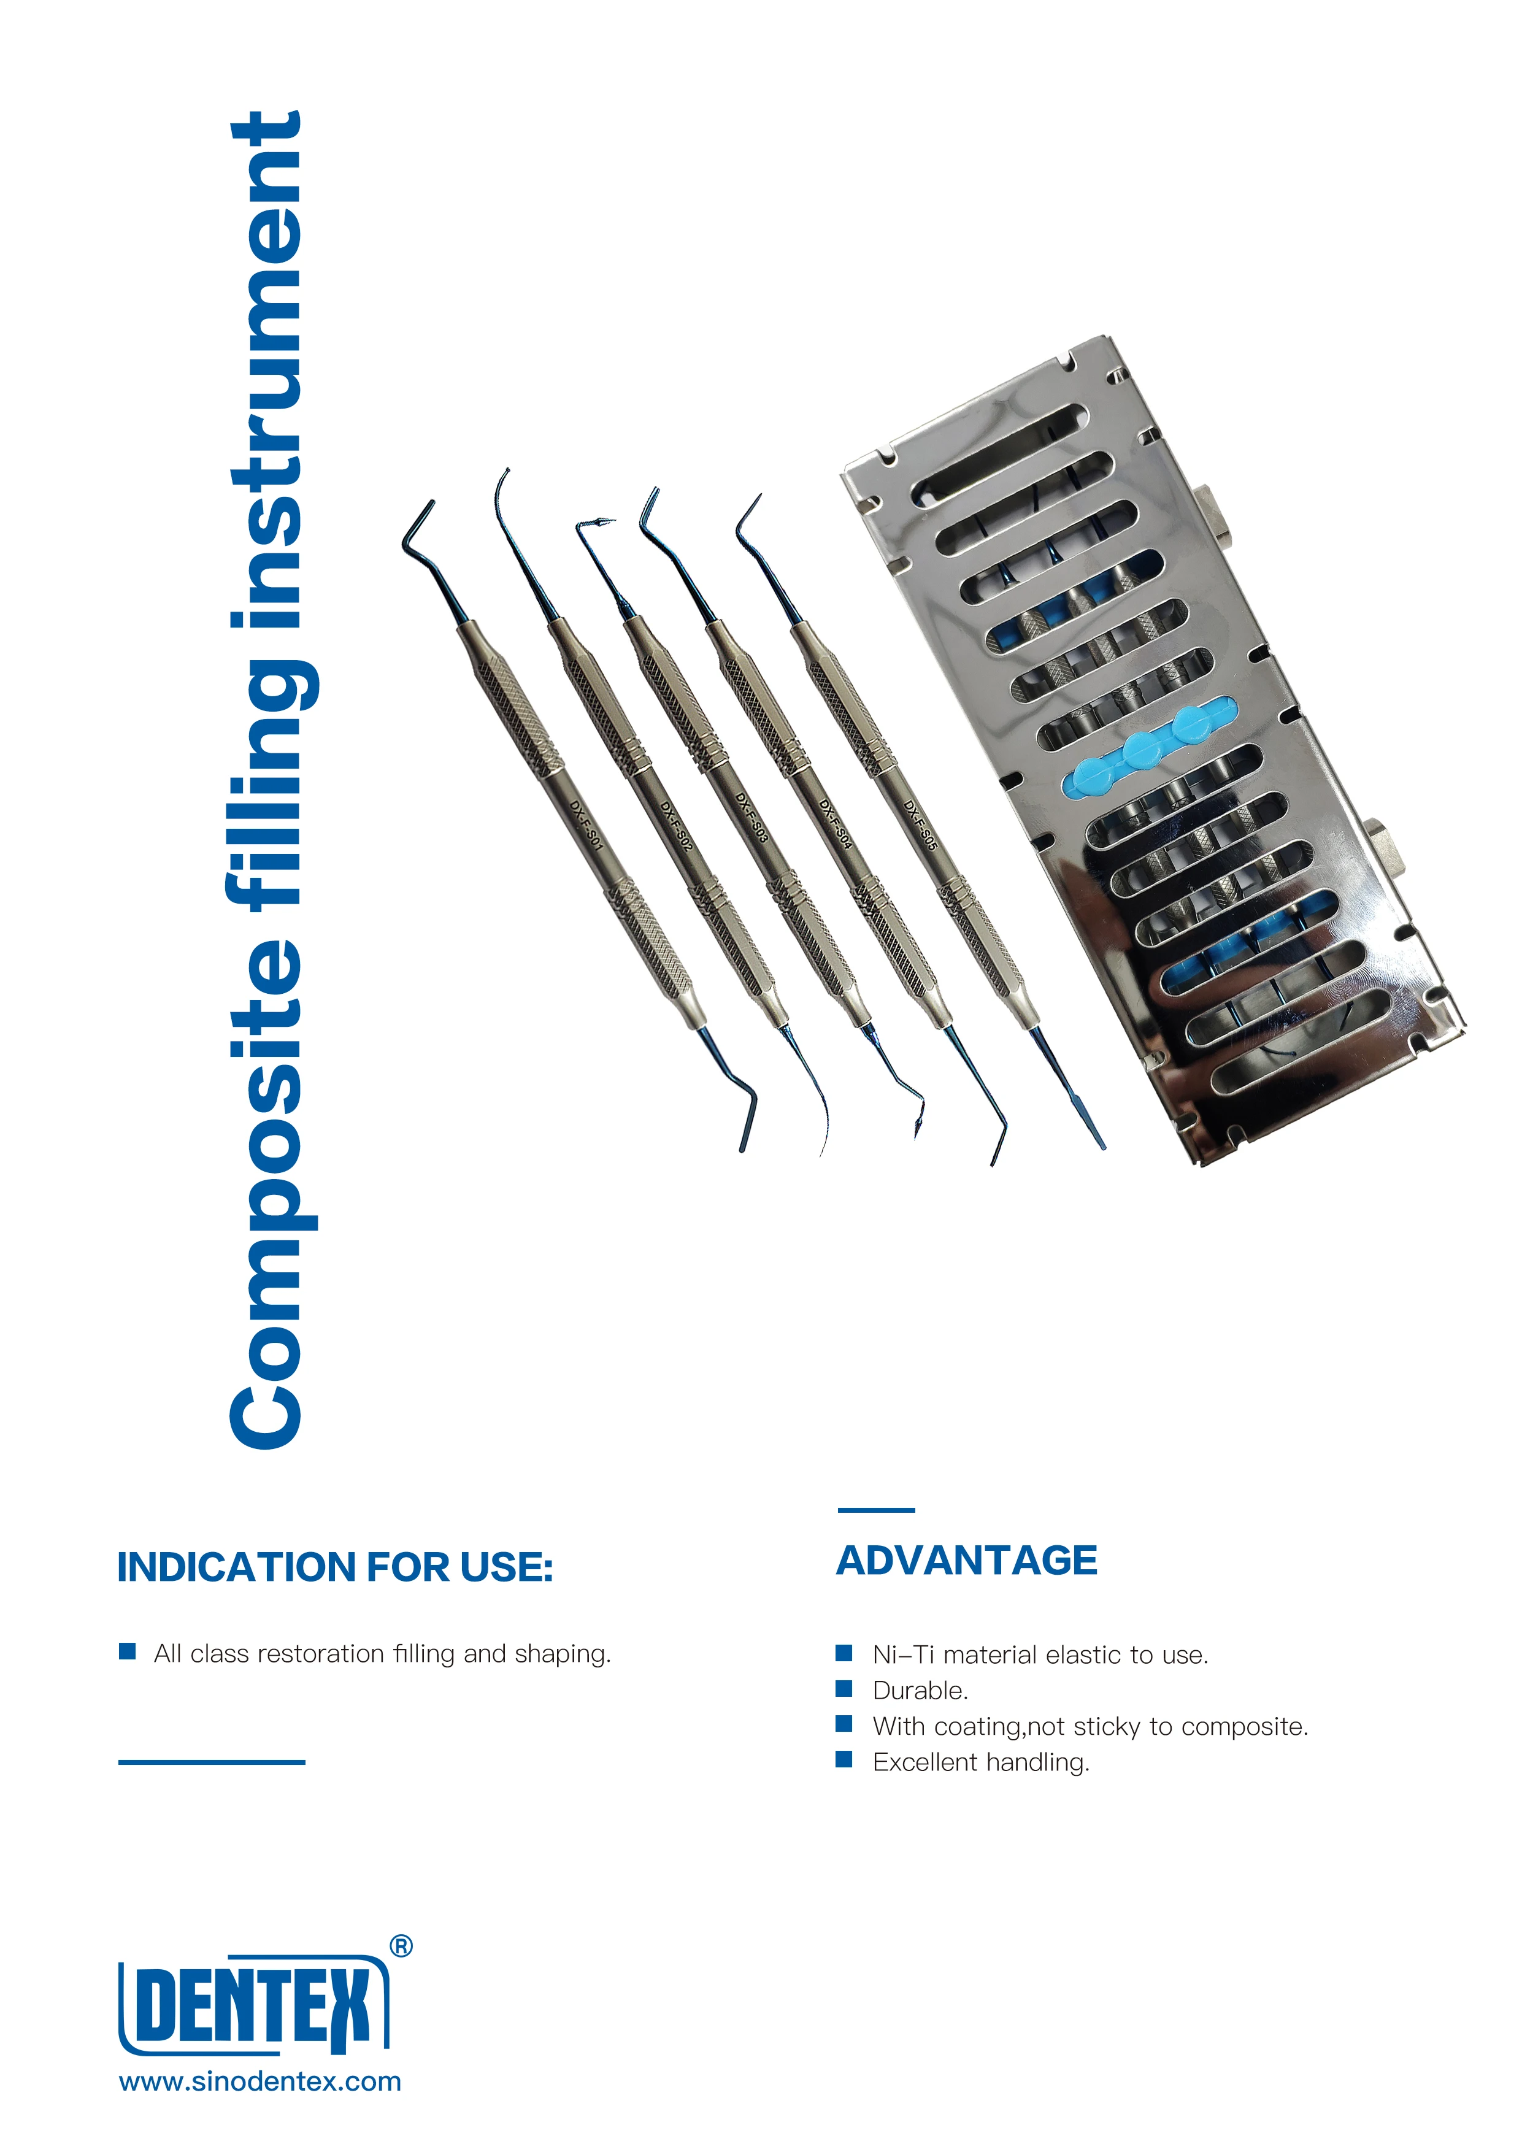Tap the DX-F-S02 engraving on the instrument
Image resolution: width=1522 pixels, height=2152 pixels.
click(x=675, y=825)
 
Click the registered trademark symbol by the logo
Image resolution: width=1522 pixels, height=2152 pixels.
click(x=401, y=1946)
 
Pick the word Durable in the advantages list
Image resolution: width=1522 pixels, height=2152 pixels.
click(x=918, y=1691)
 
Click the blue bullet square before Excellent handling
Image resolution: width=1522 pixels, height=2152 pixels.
click(x=844, y=1759)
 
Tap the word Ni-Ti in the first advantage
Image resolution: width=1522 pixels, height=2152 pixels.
click(x=902, y=1655)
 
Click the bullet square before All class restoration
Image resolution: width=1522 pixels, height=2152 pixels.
click(x=128, y=1651)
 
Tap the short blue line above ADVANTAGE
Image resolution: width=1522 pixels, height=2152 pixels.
click(x=875, y=1510)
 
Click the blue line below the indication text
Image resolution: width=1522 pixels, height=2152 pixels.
click(x=212, y=1762)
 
